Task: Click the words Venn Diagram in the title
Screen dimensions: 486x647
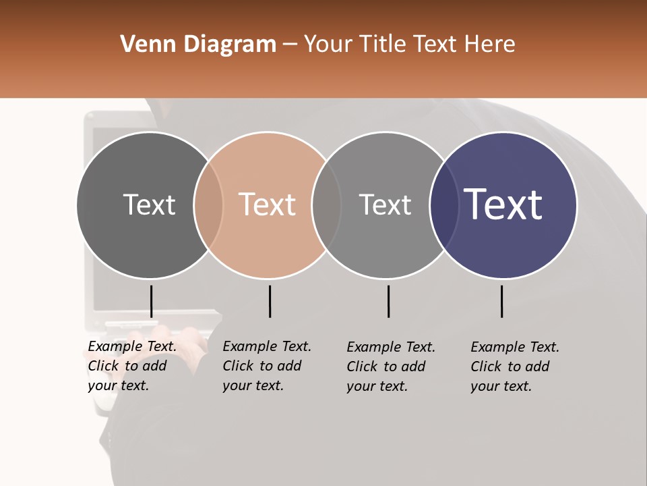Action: tap(198, 45)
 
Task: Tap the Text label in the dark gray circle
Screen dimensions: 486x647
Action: tap(149, 205)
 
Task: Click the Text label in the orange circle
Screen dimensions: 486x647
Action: tap(268, 205)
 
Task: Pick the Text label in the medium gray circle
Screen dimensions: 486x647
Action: tap(385, 205)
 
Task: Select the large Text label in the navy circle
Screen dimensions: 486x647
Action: tap(503, 205)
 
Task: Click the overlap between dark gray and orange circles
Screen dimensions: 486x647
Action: tap(208, 205)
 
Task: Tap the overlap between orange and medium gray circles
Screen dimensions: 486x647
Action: tap(326, 205)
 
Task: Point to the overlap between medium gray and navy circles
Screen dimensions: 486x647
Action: tap(444, 205)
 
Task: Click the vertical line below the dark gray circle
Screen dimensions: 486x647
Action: tap(151, 301)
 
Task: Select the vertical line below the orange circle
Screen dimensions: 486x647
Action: tap(270, 301)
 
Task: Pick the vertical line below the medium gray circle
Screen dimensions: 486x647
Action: tap(388, 301)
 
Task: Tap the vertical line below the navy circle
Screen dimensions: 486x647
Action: tap(501, 301)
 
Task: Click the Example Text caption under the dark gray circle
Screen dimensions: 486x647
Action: tap(131, 366)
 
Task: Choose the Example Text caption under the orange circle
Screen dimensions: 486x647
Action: tap(266, 366)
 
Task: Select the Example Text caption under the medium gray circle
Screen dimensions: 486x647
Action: tap(390, 367)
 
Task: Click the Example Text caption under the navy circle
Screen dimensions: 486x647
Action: tap(514, 367)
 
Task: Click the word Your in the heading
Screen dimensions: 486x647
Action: tap(328, 45)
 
